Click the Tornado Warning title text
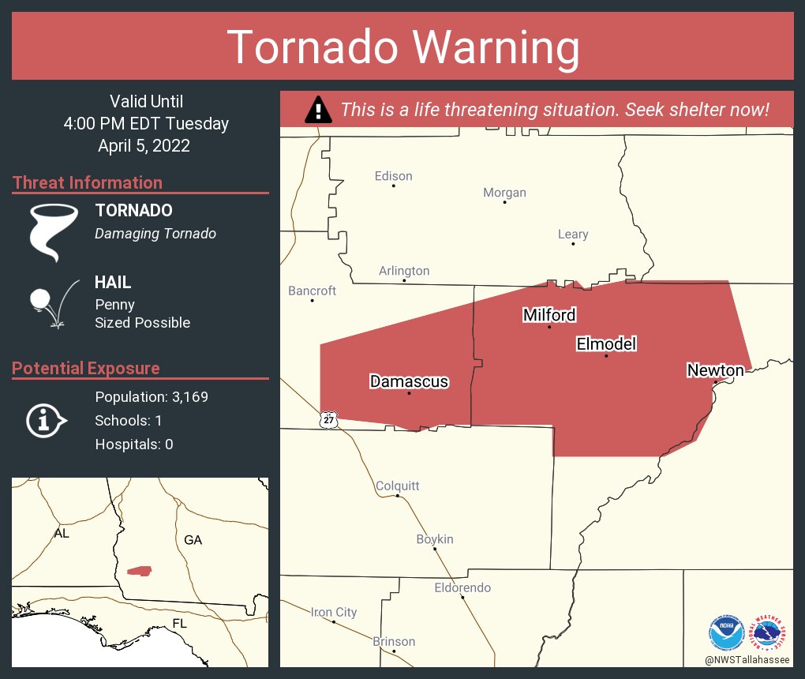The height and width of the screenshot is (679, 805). click(402, 47)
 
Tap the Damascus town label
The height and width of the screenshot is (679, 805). click(409, 381)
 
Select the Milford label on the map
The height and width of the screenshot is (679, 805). click(549, 315)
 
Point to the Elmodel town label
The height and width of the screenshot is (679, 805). click(606, 343)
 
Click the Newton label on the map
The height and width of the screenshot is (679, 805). click(715, 370)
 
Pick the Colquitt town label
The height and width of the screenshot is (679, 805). click(398, 486)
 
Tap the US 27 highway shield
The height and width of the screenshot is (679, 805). click(328, 419)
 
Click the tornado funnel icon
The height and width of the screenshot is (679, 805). click(53, 231)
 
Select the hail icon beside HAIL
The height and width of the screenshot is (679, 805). click(52, 303)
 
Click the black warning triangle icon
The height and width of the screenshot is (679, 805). click(318, 109)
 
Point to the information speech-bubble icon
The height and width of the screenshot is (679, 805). click(46, 420)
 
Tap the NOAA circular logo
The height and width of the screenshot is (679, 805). click(726, 632)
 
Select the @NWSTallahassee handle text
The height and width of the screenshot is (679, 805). click(747, 659)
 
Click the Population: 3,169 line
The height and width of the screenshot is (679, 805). click(152, 397)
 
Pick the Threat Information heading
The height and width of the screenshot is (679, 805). click(88, 182)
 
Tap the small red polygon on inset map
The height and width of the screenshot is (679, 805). click(140, 570)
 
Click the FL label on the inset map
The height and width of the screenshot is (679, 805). click(180, 624)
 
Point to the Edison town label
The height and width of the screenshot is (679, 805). click(393, 176)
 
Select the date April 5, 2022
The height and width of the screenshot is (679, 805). click(144, 145)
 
